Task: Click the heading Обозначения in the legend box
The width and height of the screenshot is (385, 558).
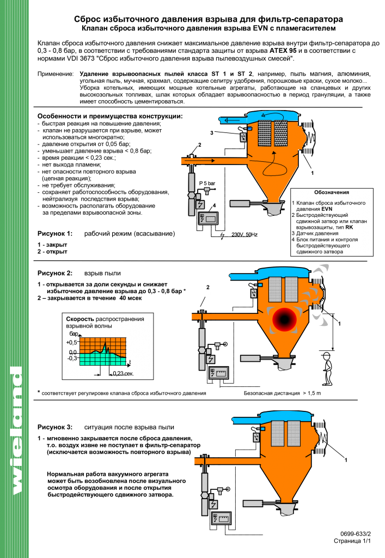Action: [x=332, y=192]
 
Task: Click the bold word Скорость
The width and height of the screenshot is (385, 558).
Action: [x=80, y=319]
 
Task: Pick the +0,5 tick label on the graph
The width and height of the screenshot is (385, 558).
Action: [x=72, y=343]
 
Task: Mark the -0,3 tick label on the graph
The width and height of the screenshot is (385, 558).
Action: [x=72, y=359]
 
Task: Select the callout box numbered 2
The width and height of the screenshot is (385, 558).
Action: [x=208, y=287]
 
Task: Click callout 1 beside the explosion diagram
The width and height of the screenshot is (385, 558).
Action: [x=339, y=324]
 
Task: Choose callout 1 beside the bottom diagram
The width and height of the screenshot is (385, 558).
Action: [x=346, y=461]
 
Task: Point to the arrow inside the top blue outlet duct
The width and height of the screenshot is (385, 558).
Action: [x=232, y=120]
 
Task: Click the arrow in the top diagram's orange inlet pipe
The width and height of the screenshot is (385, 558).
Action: [x=201, y=161]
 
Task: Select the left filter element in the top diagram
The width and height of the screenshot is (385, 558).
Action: [x=264, y=133]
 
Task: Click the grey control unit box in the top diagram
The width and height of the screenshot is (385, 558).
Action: [x=209, y=218]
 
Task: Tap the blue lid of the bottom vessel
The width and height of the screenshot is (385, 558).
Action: [x=286, y=417]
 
